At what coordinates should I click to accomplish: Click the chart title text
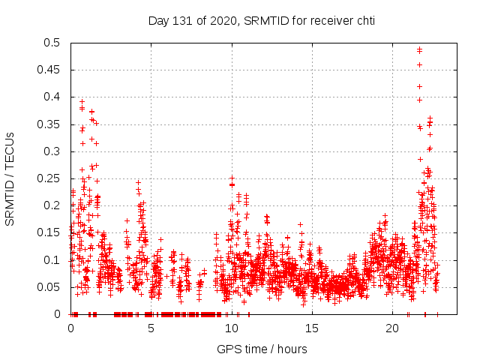[x=261, y=21]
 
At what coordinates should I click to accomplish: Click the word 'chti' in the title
[x=364, y=21]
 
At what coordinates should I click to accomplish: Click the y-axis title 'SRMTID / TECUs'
[x=10, y=178]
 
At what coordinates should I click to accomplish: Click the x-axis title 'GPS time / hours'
[x=262, y=349]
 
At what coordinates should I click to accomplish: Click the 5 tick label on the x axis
[x=151, y=328]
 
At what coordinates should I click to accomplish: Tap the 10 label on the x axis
[x=232, y=328]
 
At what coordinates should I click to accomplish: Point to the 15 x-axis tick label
[x=312, y=328]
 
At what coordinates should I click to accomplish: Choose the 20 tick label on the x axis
[x=392, y=328]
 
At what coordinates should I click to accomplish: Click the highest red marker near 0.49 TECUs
[x=419, y=50]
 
